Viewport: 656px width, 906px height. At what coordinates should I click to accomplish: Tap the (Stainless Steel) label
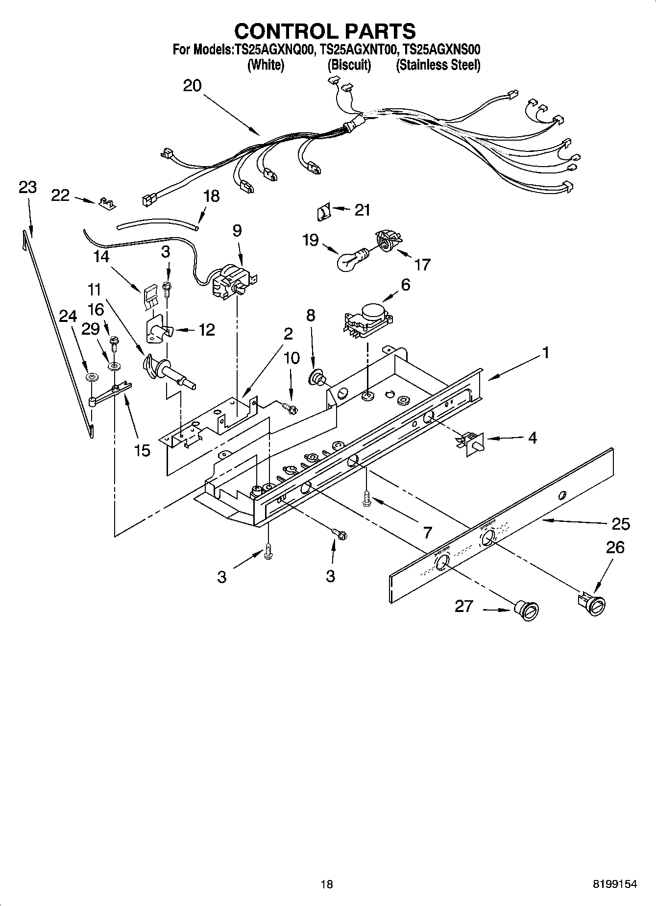437,65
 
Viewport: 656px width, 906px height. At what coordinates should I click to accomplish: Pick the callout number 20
192,86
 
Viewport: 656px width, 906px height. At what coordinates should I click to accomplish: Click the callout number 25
621,524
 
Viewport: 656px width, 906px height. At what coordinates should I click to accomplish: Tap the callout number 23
27,187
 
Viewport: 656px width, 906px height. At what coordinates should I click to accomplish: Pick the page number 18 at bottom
326,884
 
